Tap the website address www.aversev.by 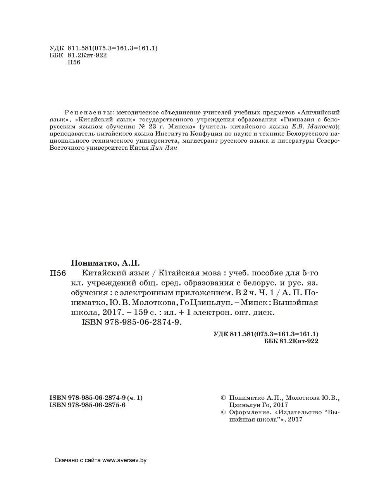pyautogui.click(x=124, y=460)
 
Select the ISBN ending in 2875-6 pyautogui.click(x=88, y=404)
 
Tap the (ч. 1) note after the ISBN pyautogui.click(x=135, y=398)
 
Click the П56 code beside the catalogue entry pyautogui.click(x=59, y=273)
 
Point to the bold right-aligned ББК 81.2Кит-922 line pyautogui.click(x=291, y=341)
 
